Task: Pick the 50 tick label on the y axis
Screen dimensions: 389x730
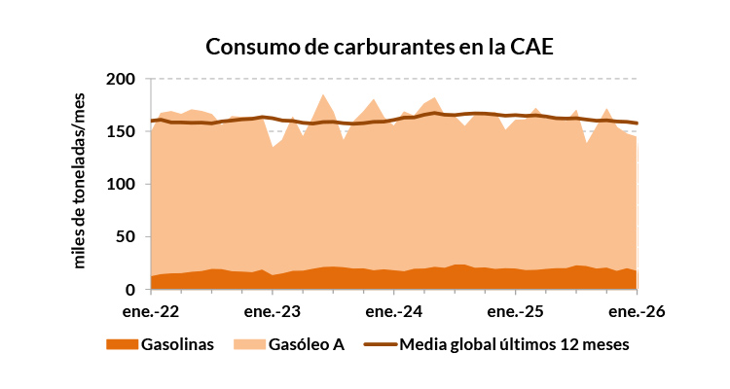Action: (126, 237)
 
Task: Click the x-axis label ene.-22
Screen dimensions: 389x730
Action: (151, 312)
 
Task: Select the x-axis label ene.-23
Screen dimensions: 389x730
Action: (273, 312)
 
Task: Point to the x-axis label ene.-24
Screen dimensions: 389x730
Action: (394, 312)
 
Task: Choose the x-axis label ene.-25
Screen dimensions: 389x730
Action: (516, 312)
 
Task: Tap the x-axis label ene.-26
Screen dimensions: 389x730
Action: (637, 312)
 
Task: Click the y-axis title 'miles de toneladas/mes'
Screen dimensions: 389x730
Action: (81, 182)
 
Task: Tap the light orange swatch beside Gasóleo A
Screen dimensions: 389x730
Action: (249, 345)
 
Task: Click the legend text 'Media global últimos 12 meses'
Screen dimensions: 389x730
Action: (515, 345)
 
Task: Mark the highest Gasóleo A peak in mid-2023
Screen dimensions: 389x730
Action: (323, 95)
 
